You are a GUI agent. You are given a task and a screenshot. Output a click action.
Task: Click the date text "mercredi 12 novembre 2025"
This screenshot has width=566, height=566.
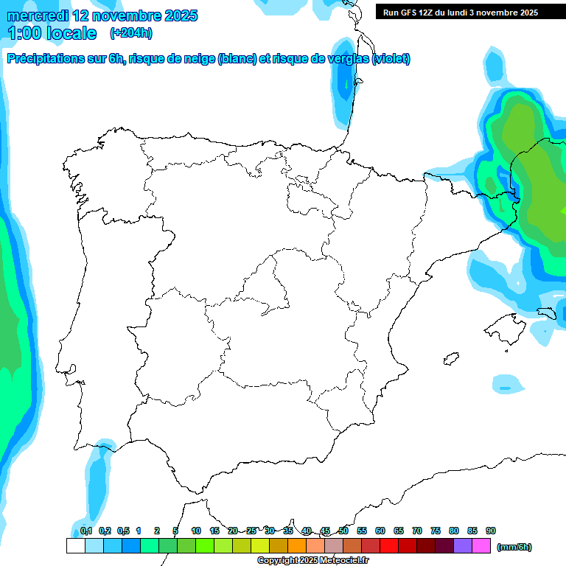pos(102,15)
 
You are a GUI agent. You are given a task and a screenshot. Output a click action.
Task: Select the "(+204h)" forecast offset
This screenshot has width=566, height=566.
pos(130,33)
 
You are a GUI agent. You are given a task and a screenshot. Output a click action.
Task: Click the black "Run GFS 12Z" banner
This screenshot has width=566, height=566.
pos(460,13)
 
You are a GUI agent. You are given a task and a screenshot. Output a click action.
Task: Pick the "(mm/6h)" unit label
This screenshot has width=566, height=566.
pos(514,547)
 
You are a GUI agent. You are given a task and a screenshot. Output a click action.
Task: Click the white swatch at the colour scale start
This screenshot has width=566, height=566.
pos(75,546)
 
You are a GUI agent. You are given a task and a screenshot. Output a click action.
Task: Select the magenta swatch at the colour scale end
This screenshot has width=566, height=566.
pos(481,546)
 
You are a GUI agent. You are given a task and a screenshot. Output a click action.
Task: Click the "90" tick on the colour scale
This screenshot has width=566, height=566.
pos(491,531)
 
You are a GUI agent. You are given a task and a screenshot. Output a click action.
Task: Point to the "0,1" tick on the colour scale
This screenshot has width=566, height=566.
pos(86,531)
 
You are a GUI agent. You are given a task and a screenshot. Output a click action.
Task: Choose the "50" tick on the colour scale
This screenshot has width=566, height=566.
pos(343,531)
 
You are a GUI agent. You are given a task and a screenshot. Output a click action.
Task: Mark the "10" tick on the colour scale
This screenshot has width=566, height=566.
pos(196,531)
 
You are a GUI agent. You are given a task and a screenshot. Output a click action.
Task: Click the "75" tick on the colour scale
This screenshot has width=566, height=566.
pos(436,531)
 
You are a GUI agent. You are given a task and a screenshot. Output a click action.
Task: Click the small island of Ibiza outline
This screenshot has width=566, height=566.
pos(450,359)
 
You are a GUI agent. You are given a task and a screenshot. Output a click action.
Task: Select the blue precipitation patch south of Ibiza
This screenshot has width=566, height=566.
pos(505,384)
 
